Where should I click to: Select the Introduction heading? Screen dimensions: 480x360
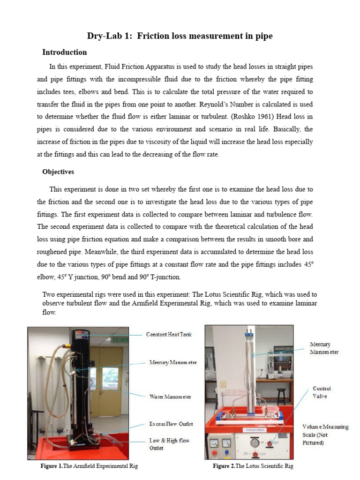(64, 52)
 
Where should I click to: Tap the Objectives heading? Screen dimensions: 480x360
(58, 172)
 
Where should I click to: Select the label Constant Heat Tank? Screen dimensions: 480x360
(169, 334)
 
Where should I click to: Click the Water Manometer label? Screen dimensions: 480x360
(170, 397)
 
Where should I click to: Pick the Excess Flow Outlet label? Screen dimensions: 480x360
(171, 424)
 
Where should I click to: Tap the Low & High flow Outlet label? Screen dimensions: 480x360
(169, 444)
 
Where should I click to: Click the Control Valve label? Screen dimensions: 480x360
(322, 392)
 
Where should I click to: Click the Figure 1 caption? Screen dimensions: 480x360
(90, 466)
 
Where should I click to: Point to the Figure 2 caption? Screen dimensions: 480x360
(253, 466)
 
